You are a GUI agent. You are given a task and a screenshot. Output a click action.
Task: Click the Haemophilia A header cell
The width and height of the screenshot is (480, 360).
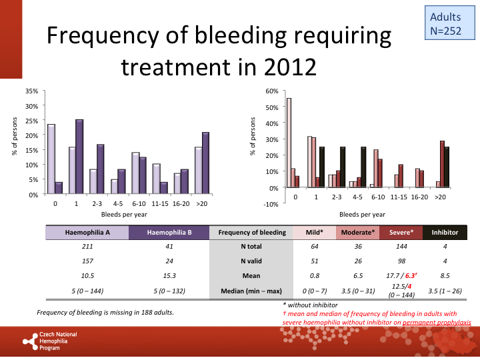(x=87, y=233)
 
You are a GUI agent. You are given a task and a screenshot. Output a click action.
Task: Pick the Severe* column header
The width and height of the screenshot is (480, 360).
(x=401, y=233)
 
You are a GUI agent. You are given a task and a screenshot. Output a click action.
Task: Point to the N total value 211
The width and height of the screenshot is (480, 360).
(x=87, y=247)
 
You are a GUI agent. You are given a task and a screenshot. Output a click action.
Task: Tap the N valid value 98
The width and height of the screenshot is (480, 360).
(x=401, y=261)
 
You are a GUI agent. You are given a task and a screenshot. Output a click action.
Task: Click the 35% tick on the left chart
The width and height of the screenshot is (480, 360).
(x=31, y=91)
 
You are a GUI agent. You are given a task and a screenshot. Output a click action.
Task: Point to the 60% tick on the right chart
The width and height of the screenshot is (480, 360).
(x=271, y=91)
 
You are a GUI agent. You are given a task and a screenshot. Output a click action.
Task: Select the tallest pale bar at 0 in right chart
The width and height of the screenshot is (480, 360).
(x=289, y=143)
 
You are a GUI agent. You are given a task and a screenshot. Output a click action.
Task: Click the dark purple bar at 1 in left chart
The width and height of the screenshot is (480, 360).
(x=79, y=157)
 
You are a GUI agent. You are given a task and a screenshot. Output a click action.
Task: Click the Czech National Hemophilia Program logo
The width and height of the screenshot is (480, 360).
(x=50, y=340)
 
